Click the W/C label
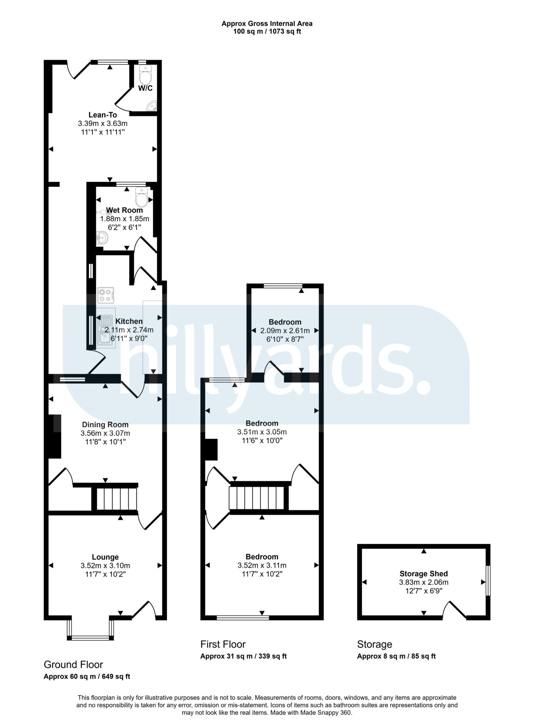(x=145, y=88)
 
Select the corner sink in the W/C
(x=153, y=106)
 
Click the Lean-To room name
(x=102, y=115)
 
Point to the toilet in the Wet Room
(x=141, y=197)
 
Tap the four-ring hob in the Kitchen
(x=106, y=295)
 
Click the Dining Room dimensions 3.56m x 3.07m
(x=105, y=433)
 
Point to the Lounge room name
(x=105, y=557)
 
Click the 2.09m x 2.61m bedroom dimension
(x=285, y=331)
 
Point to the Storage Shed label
(x=423, y=574)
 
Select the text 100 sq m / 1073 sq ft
(x=267, y=32)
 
